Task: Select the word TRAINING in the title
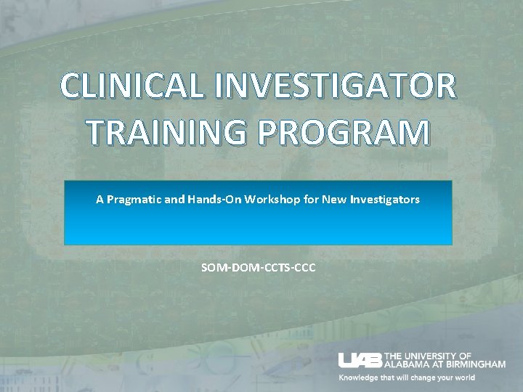tap(163, 133)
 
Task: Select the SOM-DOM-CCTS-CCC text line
tap(259, 268)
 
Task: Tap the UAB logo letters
tap(360, 360)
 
